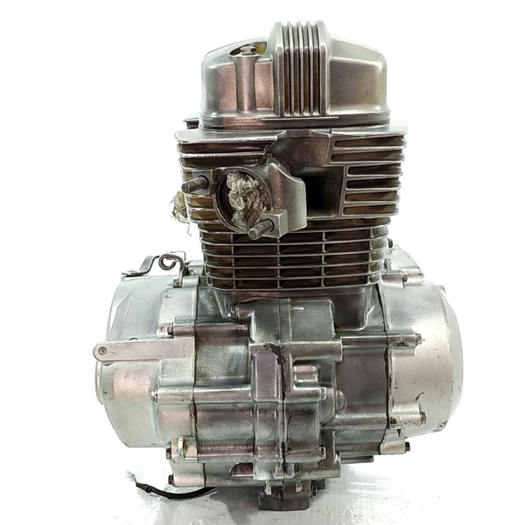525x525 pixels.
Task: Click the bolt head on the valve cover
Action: click(248, 52)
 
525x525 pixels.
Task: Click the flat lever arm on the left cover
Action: click(140, 348)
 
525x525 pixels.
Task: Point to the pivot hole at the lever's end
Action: click(101, 353)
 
